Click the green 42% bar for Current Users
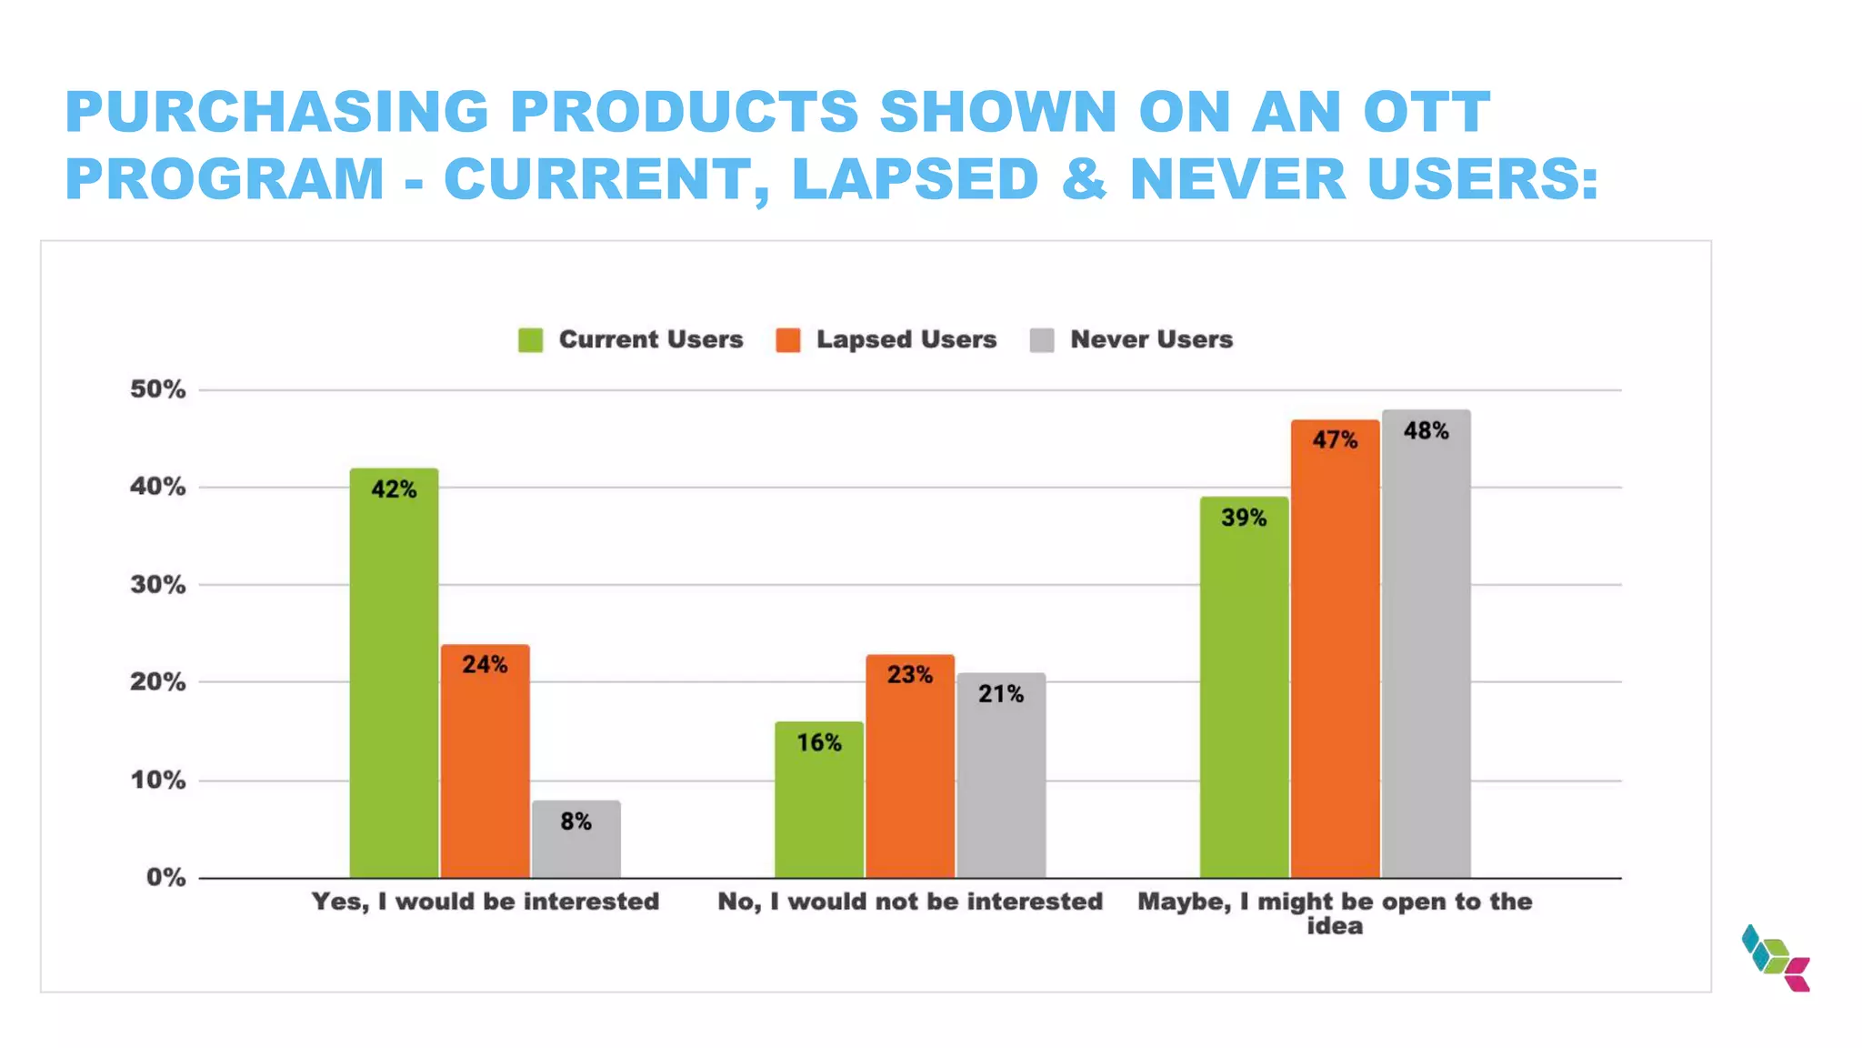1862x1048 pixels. (394, 673)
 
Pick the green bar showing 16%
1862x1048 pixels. (818, 801)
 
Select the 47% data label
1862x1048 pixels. (1334, 440)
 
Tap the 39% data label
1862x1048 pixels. (1243, 518)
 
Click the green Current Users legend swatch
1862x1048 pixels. (530, 340)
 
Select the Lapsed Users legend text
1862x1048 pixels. (906, 339)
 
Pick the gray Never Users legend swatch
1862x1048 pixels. (1042, 340)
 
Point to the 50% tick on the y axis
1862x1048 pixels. (157, 389)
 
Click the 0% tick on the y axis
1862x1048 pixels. (165, 877)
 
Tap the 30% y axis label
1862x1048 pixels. (157, 584)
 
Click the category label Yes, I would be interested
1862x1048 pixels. (485, 902)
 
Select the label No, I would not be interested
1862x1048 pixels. (909, 902)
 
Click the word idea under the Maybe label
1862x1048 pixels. (1334, 926)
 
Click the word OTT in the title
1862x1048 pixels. (1426, 112)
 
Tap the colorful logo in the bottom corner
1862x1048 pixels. (1776, 958)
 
